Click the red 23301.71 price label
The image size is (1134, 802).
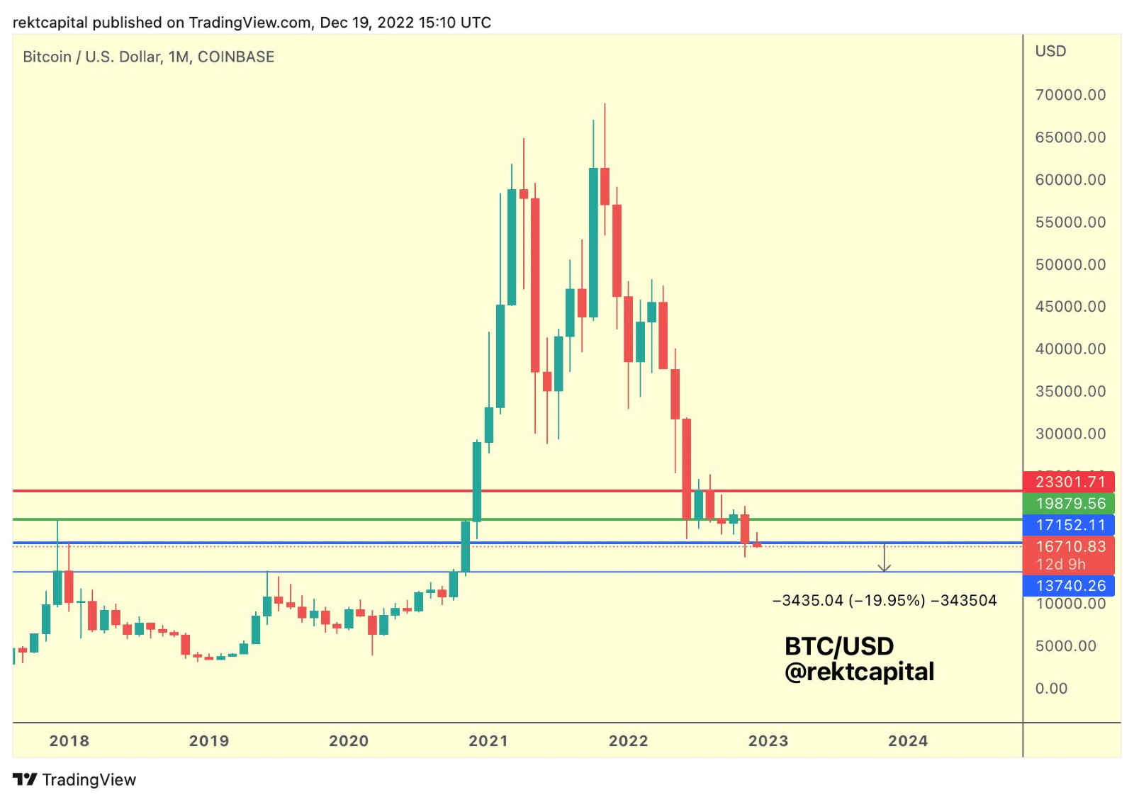(x=1069, y=482)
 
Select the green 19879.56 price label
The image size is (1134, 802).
(x=1069, y=504)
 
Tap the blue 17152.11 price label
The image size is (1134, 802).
(x=1069, y=525)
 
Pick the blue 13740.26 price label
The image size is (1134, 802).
(x=1069, y=586)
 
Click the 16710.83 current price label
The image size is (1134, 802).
(x=1069, y=547)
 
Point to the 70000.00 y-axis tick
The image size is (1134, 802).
(x=1070, y=95)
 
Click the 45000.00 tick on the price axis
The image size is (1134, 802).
(x=1070, y=307)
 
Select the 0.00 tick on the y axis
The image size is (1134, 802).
(x=1050, y=689)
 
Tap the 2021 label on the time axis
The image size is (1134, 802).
(x=488, y=741)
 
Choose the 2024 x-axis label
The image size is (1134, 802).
(x=908, y=741)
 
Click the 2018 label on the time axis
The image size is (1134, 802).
(x=69, y=741)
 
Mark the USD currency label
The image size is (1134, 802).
(x=1050, y=51)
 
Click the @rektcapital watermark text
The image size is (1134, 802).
(x=859, y=672)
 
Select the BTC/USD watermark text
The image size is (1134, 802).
(x=839, y=646)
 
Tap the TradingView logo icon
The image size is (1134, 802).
(x=26, y=779)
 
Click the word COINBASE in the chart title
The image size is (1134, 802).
(x=235, y=57)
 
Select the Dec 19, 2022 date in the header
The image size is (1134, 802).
(x=366, y=23)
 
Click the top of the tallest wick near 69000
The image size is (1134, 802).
(x=605, y=104)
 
